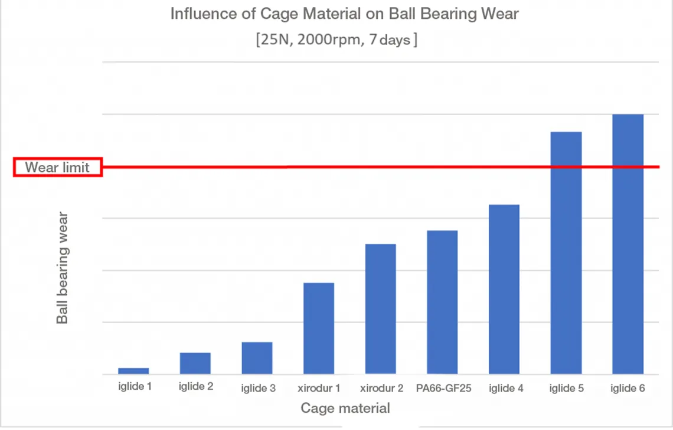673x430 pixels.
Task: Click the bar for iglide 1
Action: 133,371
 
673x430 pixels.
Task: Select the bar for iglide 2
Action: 195,363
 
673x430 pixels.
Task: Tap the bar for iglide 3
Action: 257,358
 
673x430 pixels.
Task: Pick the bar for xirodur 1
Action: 319,328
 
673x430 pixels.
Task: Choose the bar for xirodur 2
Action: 381,309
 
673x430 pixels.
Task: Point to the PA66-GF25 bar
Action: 442,302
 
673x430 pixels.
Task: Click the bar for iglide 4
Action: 504,289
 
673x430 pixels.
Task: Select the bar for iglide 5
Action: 566,253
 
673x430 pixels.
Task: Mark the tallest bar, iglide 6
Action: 628,244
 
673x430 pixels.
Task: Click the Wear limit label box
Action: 58,167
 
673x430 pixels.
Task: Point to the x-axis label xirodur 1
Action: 319,389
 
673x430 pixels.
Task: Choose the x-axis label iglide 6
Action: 628,389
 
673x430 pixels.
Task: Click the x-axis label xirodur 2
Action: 381,389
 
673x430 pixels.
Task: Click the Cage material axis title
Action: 345,408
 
